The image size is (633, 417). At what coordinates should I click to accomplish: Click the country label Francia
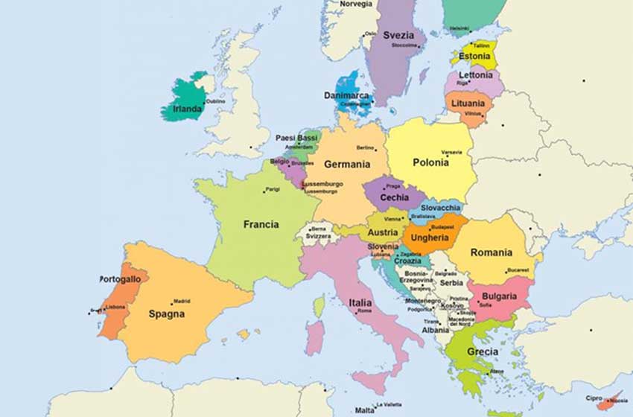[x=261, y=224]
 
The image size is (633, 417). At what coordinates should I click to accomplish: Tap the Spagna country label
[x=166, y=314]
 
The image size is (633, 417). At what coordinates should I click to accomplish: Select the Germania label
[x=346, y=165]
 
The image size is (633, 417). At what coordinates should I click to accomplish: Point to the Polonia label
[x=430, y=163]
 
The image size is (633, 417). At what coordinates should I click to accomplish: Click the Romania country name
[x=491, y=253]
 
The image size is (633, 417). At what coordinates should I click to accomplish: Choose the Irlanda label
[x=187, y=109]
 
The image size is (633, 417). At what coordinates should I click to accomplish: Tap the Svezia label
[x=398, y=35]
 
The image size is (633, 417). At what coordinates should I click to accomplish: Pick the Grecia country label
[x=483, y=352]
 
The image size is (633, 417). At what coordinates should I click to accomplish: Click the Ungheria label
[x=430, y=238]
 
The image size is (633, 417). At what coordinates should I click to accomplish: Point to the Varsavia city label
[x=451, y=153]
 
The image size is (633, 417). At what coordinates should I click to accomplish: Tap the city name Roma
[x=364, y=311]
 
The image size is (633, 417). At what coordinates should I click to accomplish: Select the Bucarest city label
[x=518, y=270]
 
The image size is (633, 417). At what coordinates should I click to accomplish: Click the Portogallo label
[x=121, y=279]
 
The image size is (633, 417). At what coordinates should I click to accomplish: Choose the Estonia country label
[x=474, y=56]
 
